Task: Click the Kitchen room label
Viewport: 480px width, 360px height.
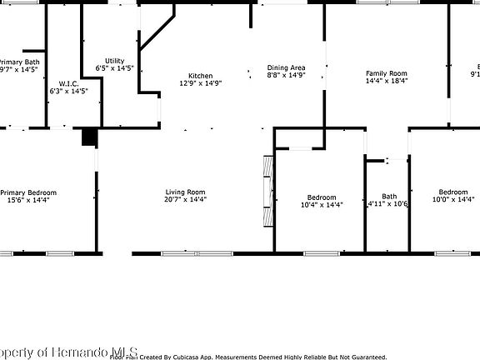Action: [x=200, y=75]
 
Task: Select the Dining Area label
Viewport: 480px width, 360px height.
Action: [x=286, y=67]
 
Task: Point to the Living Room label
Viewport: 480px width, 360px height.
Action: [x=185, y=192]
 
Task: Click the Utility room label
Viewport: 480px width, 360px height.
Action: [x=115, y=60]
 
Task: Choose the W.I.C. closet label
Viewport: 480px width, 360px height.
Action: [x=68, y=83]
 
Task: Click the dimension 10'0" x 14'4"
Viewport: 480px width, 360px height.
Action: [x=452, y=200]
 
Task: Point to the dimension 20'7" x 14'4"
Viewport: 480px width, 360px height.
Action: [x=185, y=200]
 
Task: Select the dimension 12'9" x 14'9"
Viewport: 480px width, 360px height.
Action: [x=200, y=83]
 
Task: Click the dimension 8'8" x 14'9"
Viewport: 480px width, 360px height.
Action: [x=286, y=76]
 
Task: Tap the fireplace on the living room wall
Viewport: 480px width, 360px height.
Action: [x=267, y=191]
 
